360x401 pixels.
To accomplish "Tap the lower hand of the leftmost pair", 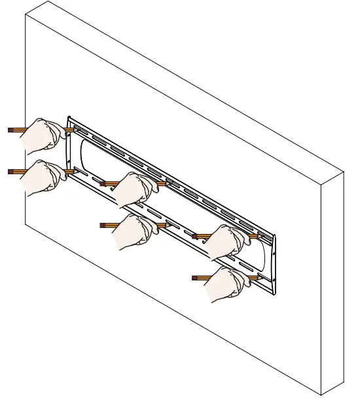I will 43,176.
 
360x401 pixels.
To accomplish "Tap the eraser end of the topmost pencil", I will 9,130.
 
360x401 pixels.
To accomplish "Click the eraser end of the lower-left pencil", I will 9,172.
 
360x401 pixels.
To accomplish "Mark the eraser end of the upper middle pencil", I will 101,184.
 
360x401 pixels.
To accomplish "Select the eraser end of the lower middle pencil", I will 101,225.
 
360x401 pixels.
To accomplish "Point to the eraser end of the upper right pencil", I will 194,237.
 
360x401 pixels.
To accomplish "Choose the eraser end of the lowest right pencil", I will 194,278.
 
